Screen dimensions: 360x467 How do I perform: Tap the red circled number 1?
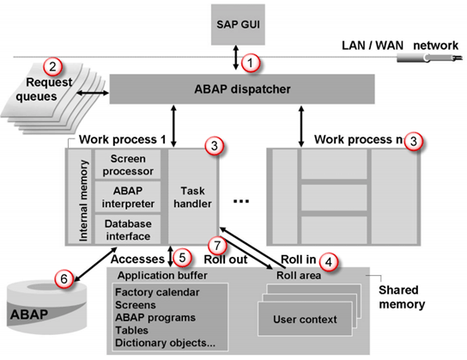coord(250,62)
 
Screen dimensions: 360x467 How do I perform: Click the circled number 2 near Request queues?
coord(53,65)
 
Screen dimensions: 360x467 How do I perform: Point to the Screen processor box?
coord(128,165)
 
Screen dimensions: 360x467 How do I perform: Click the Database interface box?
coord(128,230)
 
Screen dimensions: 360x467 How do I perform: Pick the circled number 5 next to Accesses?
coord(181,256)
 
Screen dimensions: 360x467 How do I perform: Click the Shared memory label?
coord(404,296)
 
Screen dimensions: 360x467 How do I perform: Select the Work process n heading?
coord(359,139)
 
